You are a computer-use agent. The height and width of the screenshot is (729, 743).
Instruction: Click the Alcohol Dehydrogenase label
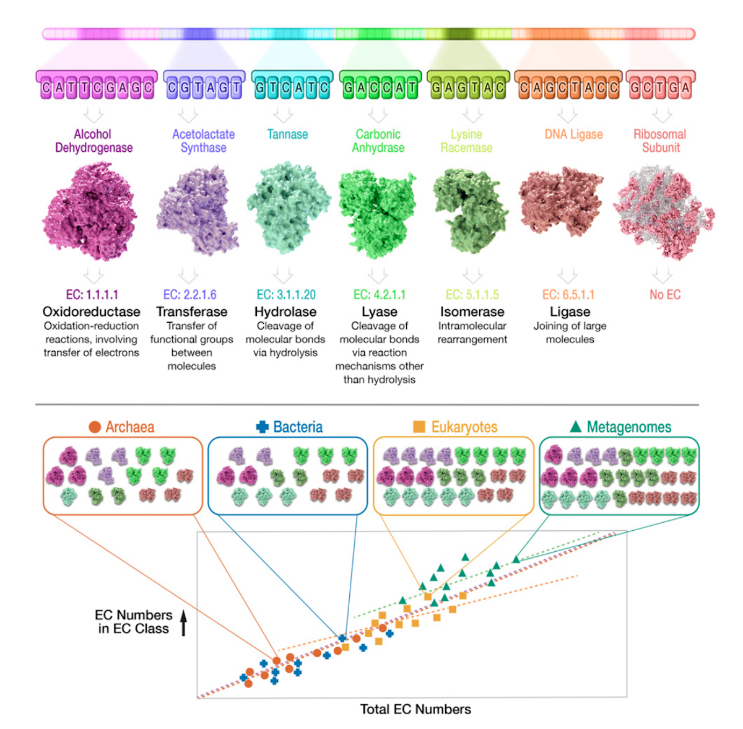(93, 141)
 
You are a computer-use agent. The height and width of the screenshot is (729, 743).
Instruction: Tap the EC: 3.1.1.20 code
(286, 295)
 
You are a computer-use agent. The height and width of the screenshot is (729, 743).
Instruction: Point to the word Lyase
(379, 312)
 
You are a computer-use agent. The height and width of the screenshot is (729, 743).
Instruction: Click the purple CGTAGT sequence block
(204, 87)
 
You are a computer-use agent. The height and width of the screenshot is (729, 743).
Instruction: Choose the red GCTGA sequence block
(660, 87)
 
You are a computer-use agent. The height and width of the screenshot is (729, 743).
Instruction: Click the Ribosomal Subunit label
(660, 141)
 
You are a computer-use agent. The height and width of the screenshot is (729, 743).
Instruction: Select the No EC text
(664, 295)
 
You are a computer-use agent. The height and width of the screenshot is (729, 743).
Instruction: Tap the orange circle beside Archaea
(95, 427)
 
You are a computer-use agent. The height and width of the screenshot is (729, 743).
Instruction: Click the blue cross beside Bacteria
(263, 427)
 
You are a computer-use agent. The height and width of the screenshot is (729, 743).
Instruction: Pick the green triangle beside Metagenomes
(575, 426)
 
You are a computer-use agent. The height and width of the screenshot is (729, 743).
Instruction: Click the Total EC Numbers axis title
(415, 709)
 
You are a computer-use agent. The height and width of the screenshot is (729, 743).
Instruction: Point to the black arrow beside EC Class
(183, 622)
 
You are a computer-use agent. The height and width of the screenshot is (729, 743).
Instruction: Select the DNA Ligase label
(573, 134)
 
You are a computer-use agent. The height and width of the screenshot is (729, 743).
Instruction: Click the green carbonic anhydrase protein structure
(377, 214)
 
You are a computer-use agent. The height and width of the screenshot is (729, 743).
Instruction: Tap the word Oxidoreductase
(92, 312)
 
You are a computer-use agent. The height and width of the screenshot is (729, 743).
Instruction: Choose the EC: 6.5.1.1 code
(568, 295)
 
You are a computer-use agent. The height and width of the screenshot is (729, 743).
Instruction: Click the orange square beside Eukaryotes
(419, 427)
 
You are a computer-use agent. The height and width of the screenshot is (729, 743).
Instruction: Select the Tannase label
(287, 134)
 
